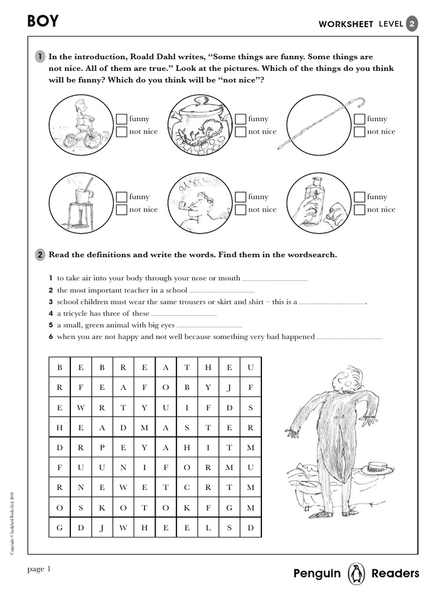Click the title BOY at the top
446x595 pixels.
click(x=43, y=22)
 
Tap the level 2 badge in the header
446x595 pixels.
click(x=412, y=23)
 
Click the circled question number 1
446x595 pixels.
click(x=39, y=57)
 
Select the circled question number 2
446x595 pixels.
click(x=39, y=255)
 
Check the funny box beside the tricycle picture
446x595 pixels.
click(x=121, y=119)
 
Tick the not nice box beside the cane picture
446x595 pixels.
click(x=359, y=132)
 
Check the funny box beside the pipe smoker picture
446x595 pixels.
click(x=240, y=197)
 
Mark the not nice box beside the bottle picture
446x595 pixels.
click(x=359, y=210)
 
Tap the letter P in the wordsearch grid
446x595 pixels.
click(x=102, y=448)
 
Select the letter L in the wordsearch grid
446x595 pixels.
click(x=208, y=528)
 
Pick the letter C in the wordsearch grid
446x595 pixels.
click(x=187, y=488)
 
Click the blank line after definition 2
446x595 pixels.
click(x=222, y=291)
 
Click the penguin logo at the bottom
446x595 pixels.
click(x=355, y=574)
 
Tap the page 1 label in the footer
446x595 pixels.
click(x=39, y=569)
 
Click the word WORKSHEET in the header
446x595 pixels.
click(x=346, y=24)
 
